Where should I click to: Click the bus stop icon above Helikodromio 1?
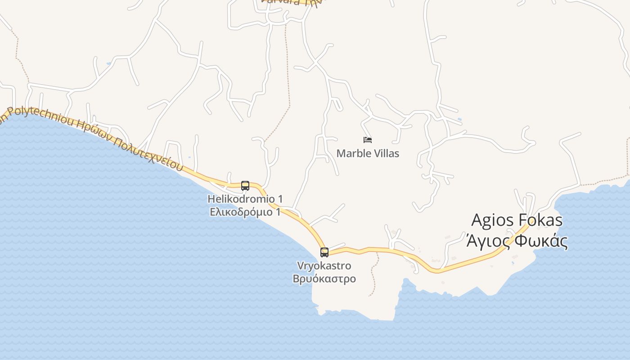245,185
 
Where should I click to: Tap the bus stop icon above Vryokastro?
324,252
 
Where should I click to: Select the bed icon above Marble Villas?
368,140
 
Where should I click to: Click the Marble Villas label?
368,153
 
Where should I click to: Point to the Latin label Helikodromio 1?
245,198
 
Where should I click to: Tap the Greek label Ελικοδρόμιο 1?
245,211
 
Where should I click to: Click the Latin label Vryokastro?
324,265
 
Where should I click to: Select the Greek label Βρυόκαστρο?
324,279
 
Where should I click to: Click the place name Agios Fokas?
517,220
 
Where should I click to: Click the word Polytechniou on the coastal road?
43,118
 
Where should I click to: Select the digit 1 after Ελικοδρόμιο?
278,211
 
